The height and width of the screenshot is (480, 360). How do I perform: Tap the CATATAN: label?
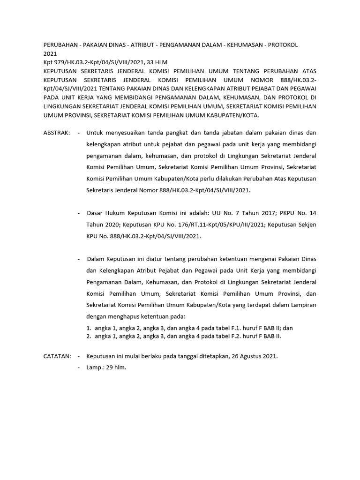[x=57, y=356]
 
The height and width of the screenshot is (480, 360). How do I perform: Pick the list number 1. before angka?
[x=89, y=328]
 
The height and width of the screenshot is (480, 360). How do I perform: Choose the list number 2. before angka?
[x=89, y=336]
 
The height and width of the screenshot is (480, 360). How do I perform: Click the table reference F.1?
[x=227, y=328]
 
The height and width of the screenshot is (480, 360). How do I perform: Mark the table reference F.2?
[x=227, y=336]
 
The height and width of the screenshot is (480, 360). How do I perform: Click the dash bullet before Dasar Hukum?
[x=79, y=213]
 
